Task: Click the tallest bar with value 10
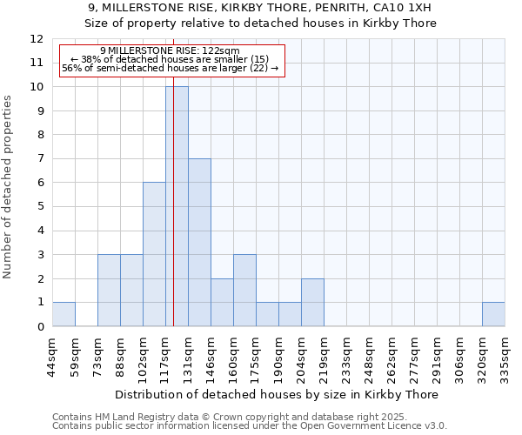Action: (x=177, y=206)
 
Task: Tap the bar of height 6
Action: (x=154, y=254)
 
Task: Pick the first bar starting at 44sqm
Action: (x=64, y=314)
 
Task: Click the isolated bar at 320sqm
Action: (x=493, y=314)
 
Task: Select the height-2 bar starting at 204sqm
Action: (x=312, y=302)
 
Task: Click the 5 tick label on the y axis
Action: (x=40, y=206)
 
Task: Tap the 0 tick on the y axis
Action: (x=40, y=326)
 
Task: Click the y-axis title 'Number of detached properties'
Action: (x=9, y=187)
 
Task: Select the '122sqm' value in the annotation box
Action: (x=208, y=51)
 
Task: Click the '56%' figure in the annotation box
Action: (x=73, y=68)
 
